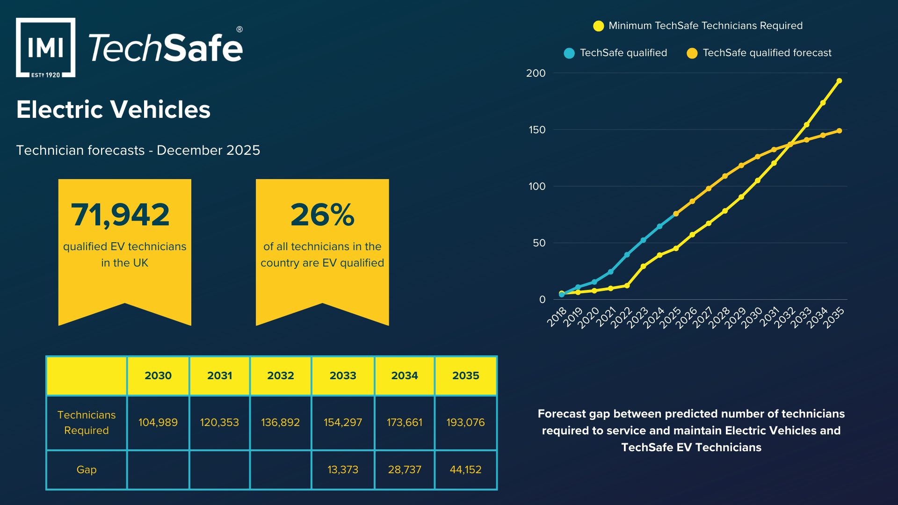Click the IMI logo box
coord(45,48)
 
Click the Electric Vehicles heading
coord(113,109)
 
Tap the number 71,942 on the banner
coord(120,215)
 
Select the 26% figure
coord(322,215)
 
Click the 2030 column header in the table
coord(158,375)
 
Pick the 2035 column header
coord(465,375)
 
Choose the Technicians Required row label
coord(87,423)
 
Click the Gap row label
coord(87,469)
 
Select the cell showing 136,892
coord(280,423)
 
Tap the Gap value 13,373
coord(343,469)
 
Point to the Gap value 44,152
coord(465,469)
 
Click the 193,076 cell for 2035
coord(465,423)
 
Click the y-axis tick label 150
coord(537,130)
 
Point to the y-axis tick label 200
coord(536,73)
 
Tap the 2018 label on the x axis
coord(557,317)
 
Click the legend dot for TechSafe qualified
coord(569,53)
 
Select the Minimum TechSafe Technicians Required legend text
coord(705,26)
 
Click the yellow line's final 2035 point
coord(839,81)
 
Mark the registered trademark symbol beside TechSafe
coord(239,29)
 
